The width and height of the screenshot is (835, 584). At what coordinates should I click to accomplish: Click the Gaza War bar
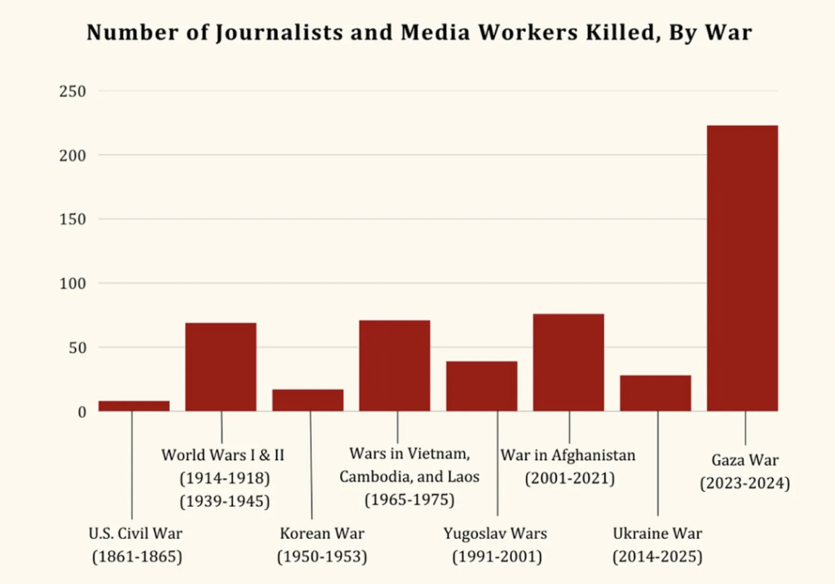point(742,269)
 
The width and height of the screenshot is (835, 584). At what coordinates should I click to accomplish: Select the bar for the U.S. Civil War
point(134,406)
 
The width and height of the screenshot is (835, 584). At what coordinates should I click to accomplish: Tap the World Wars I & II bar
point(221,367)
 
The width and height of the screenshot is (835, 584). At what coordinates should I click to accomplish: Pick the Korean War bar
point(307,400)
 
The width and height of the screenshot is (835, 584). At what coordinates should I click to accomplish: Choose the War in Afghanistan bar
point(568,363)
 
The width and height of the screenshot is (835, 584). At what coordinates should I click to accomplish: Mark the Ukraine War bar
point(656,393)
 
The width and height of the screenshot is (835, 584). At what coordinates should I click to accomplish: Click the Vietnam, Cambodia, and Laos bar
point(395,366)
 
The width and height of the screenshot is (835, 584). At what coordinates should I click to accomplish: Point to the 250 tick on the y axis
point(72,91)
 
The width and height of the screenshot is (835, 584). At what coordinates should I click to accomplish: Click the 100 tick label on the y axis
point(72,284)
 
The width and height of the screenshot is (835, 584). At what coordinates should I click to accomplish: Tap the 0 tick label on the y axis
point(81,412)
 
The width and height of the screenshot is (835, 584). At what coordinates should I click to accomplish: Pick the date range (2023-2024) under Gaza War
point(745,483)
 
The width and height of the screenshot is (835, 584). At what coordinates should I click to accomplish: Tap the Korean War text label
point(322,534)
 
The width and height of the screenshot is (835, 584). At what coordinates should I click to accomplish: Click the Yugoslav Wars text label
point(495,534)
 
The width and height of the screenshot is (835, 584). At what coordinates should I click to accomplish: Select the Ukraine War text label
point(657,534)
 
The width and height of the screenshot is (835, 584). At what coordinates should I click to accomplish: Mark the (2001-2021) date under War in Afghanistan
point(568,477)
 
